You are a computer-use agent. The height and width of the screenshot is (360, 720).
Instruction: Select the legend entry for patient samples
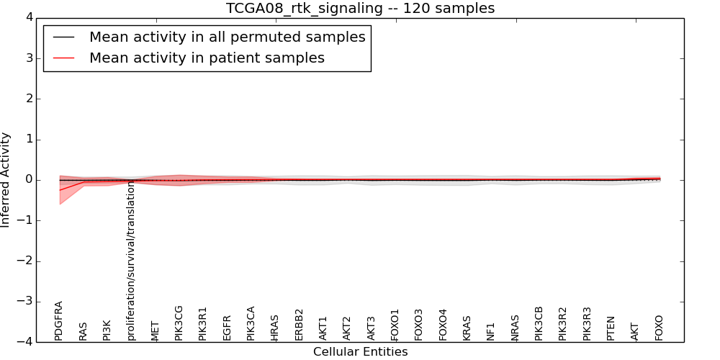[x=207, y=58]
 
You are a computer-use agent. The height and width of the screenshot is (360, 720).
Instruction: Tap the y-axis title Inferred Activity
[x=5, y=179]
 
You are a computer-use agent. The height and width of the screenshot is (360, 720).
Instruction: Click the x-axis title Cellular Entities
[x=361, y=352]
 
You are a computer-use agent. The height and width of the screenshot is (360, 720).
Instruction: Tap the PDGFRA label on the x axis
[x=58, y=321]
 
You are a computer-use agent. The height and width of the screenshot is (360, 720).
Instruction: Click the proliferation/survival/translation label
[x=131, y=261]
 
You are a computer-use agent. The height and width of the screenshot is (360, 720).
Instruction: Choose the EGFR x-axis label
[x=226, y=328]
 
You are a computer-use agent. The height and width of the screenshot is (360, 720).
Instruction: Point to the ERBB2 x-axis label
[x=299, y=325]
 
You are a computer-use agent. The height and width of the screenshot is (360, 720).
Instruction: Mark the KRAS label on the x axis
[x=467, y=328]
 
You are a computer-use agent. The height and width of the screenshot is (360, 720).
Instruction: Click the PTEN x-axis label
[x=611, y=328]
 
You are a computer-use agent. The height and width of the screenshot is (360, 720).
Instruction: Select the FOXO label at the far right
[x=659, y=328]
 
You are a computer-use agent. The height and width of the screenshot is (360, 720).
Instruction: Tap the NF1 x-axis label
[x=490, y=332]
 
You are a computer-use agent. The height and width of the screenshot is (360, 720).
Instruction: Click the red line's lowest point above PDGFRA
[x=60, y=190]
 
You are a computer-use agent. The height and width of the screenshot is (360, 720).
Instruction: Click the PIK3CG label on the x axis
[x=179, y=323]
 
